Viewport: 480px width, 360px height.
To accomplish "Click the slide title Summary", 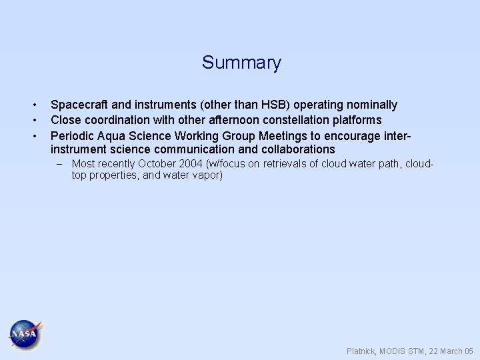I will (241, 63).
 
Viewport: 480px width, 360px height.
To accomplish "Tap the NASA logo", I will (25, 333).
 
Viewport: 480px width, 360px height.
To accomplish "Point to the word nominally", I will (370, 105).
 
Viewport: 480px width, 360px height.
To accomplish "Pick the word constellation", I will (297, 120).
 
